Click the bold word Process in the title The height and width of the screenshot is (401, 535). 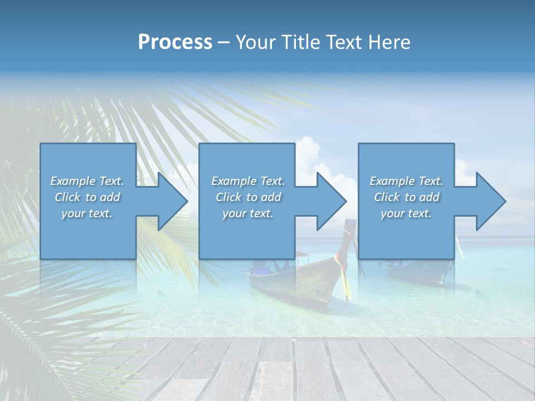(x=175, y=42)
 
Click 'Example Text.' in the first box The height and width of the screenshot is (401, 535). (x=87, y=181)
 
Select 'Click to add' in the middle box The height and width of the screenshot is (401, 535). (x=248, y=197)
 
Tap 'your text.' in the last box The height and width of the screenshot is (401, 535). (x=406, y=213)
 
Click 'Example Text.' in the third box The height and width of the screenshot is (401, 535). (x=406, y=181)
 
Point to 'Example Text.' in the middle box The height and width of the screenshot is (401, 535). (x=248, y=181)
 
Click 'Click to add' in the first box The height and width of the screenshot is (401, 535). (x=87, y=197)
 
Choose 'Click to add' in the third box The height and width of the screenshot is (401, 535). (x=406, y=197)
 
